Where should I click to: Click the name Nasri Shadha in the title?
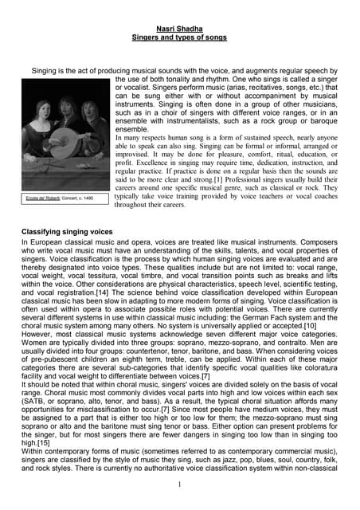pyautogui.click(x=179, y=27)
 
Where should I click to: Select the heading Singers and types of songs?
pyautogui.click(x=179, y=37)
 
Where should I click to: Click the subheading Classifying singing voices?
pyautogui.click(x=76, y=231)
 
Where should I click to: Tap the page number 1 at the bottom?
pyautogui.click(x=180, y=483)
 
